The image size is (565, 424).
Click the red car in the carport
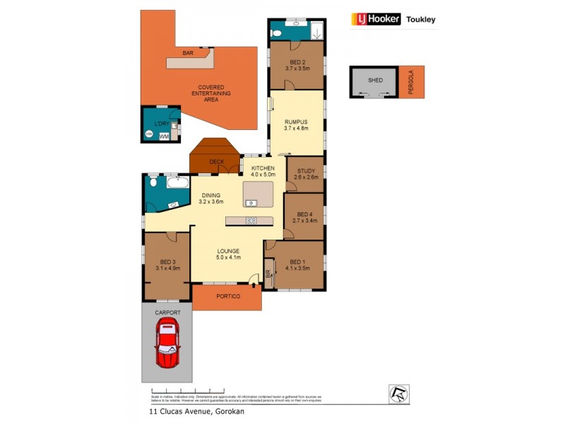(167, 342)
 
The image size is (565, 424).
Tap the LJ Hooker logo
(376, 19)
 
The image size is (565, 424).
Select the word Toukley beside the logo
(420, 20)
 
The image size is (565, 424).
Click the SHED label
(375, 81)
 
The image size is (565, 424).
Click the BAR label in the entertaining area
(188, 53)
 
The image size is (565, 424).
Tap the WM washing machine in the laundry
(164, 135)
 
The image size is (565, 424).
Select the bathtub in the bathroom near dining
(178, 183)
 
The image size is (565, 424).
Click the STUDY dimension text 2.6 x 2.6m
(305, 177)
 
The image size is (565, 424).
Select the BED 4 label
(304, 214)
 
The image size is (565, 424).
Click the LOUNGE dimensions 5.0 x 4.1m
(227, 258)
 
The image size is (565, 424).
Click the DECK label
(216, 162)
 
